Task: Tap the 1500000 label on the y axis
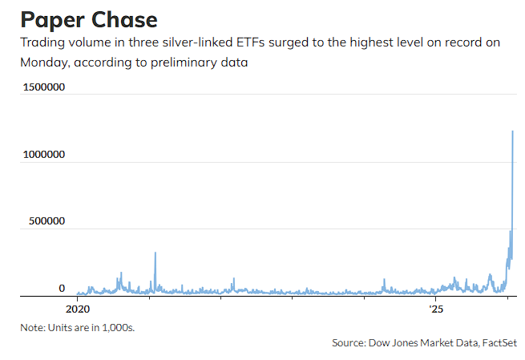[x=44, y=88]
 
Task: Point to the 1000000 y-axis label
[x=44, y=154]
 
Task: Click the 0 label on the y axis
[x=62, y=288]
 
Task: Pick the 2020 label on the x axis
[x=77, y=308]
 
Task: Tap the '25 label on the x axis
[x=435, y=308]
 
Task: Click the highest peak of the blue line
[x=512, y=131]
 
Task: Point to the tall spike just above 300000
[x=155, y=254]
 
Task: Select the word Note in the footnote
[x=32, y=327]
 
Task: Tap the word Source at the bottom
[x=348, y=342]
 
